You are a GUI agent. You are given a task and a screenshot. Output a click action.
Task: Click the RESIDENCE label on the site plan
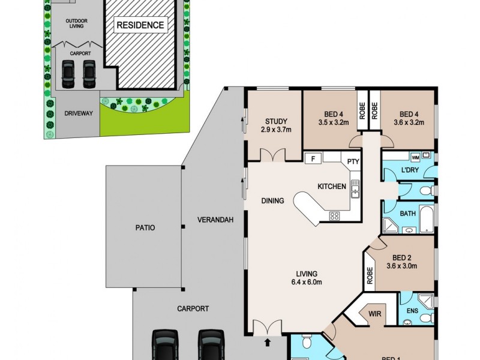click(x=140, y=25)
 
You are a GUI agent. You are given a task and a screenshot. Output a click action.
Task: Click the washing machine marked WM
click(x=415, y=157)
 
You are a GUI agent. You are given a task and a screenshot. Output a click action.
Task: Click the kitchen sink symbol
click(x=355, y=190)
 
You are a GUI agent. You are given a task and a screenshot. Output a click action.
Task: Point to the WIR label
click(x=374, y=314)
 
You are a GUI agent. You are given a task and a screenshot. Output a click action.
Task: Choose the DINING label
click(x=272, y=201)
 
